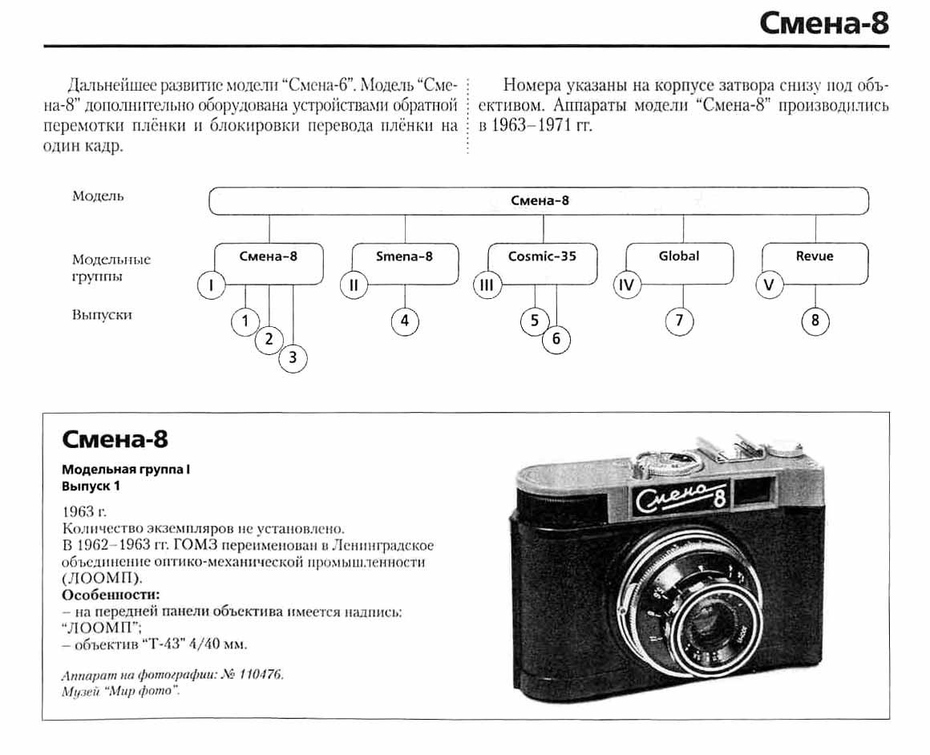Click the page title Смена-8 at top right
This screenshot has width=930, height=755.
[823, 23]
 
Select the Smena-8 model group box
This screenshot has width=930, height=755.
[405, 262]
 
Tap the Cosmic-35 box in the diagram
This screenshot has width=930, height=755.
[542, 262]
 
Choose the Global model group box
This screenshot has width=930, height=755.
[679, 262]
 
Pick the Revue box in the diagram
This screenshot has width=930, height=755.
[815, 262]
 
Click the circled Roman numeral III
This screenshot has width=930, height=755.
[486, 285]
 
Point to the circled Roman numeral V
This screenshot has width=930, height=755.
[770, 285]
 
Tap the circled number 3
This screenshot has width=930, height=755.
[293, 358]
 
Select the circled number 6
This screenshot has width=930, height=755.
[556, 340]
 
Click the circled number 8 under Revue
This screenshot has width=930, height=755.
[815, 321]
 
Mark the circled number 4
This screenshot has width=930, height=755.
[405, 321]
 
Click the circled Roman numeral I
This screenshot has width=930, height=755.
[211, 285]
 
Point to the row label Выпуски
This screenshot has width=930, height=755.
[102, 315]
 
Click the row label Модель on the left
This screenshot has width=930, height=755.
[98, 196]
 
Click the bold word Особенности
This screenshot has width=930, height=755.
[111, 595]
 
